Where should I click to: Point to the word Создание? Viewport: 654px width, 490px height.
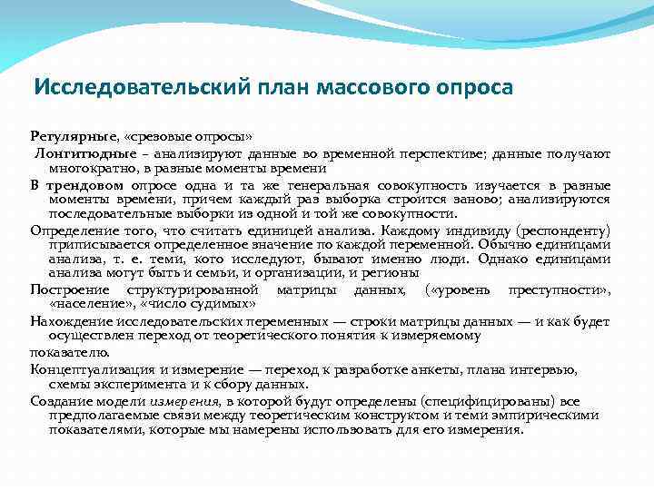coord(62,399)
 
